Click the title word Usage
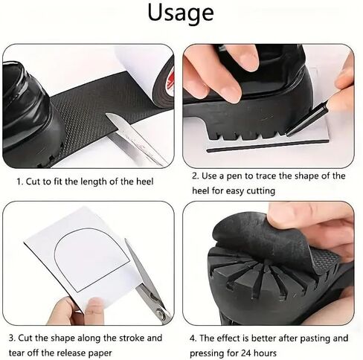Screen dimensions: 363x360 pos(181,13)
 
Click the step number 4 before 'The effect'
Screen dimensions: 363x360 pos(193,338)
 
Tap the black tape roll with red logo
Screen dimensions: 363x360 pos(163,83)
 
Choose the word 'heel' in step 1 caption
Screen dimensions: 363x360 pos(145,181)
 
